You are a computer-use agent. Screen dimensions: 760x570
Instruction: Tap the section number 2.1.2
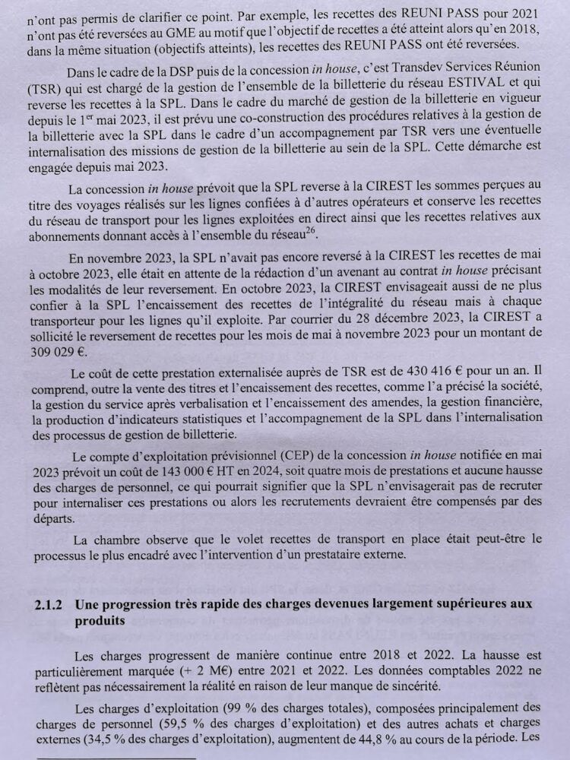(x=50, y=603)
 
